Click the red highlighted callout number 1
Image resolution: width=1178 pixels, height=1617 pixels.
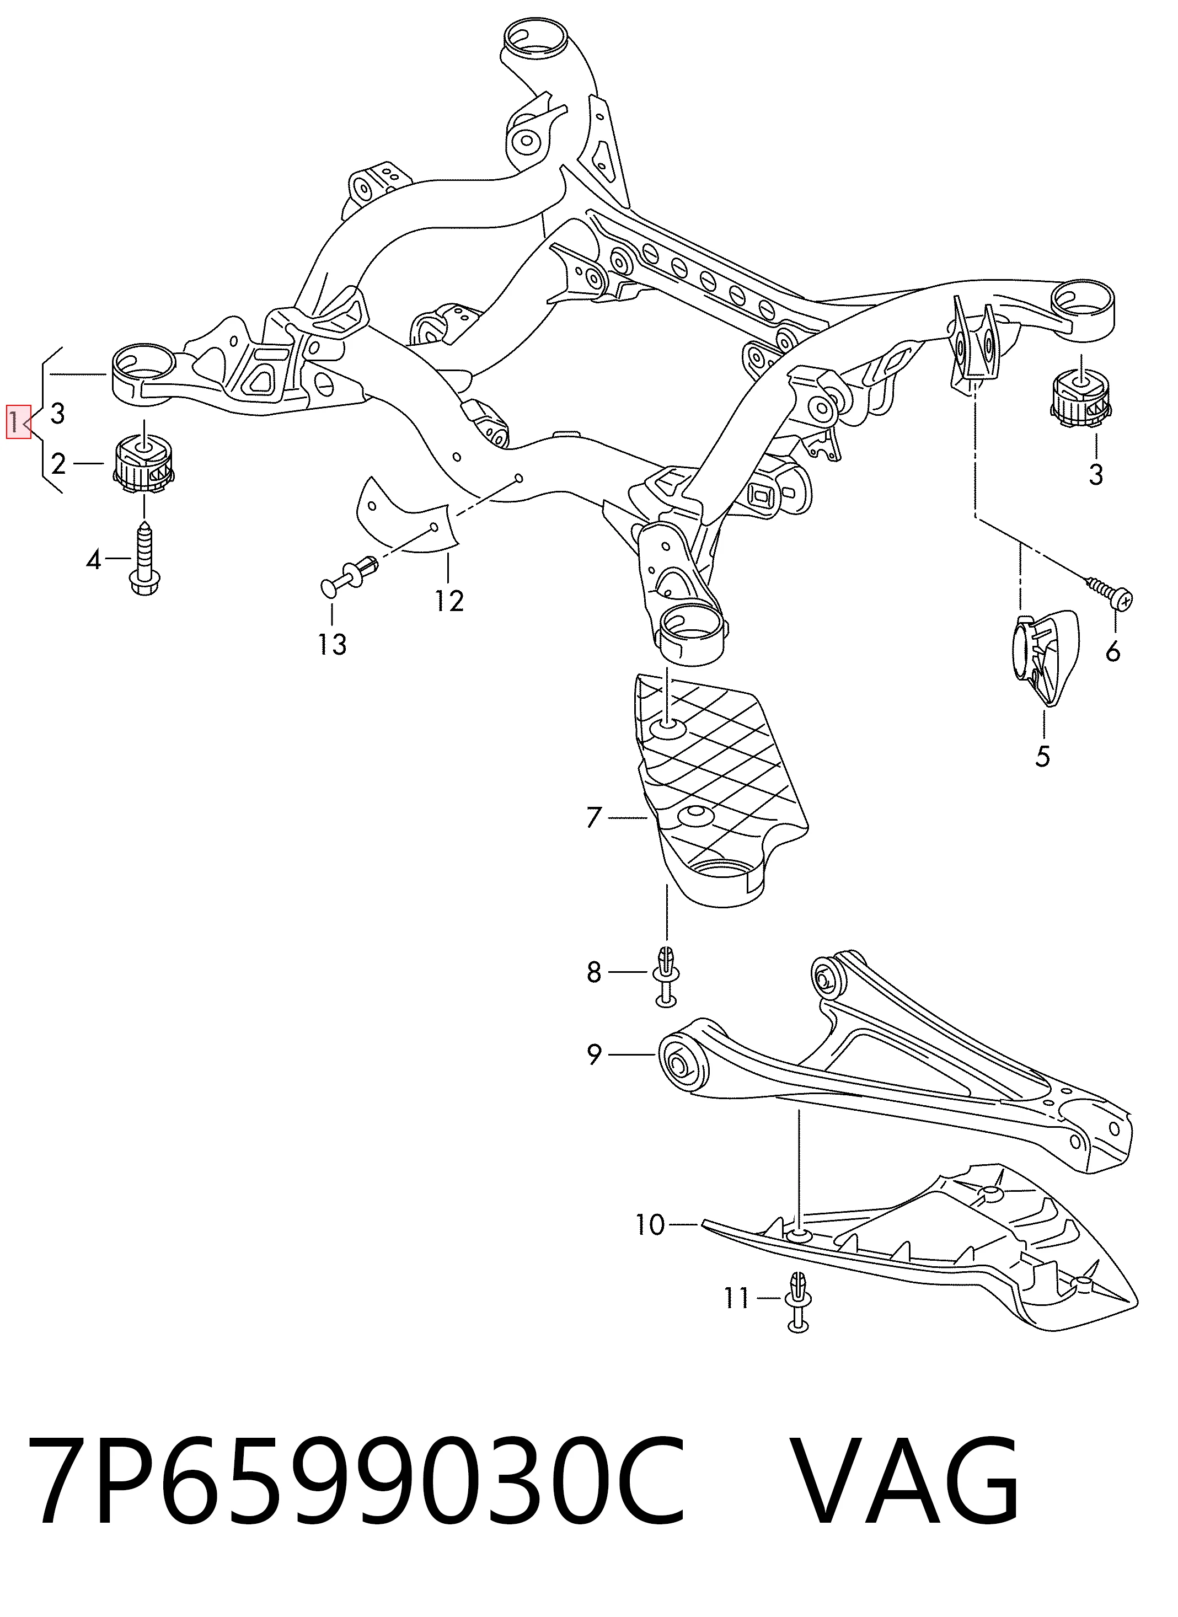[x=18, y=421]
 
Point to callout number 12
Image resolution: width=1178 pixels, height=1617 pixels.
[x=450, y=601]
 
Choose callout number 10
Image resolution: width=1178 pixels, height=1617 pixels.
[x=650, y=1224]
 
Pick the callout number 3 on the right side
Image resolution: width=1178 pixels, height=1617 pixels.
[x=1095, y=474]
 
